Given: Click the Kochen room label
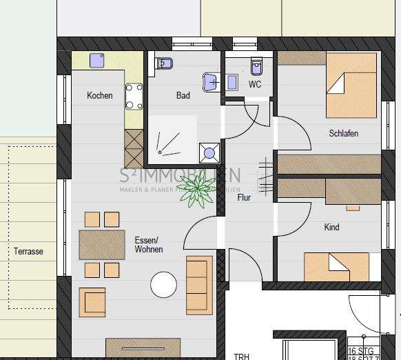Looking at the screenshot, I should point(100,96).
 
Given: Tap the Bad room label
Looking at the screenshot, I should point(183,96).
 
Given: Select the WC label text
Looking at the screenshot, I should point(255,85).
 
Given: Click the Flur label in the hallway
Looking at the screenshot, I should point(244,198).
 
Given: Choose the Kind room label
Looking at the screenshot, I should point(331,227).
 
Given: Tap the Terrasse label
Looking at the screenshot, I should point(28,252).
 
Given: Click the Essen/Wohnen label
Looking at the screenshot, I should point(149,245).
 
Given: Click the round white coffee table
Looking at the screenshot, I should point(164,284).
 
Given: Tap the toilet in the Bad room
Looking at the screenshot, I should point(165,63).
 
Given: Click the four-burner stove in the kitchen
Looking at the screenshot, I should point(134,97).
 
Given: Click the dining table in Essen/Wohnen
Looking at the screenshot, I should point(101,244).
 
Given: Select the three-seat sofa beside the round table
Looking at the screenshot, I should point(200,277).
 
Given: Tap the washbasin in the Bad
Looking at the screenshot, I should point(210,82).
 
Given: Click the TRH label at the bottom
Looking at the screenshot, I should point(241,356).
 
